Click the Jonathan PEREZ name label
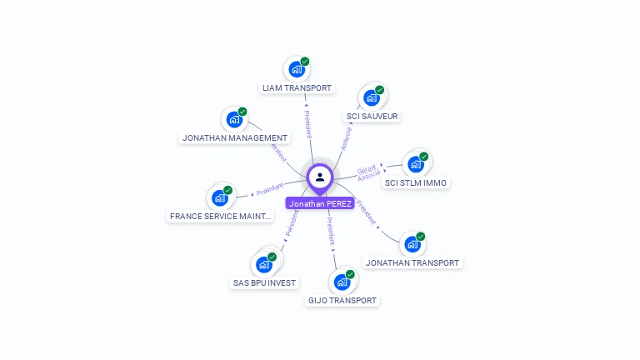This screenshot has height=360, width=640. click(320, 203)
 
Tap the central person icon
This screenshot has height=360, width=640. click(320, 177)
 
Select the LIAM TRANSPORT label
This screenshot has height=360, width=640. click(297, 87)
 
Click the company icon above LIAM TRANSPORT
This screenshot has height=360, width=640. click(296, 70)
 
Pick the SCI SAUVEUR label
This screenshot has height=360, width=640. click(372, 116)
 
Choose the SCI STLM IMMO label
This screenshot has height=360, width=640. click(416, 182)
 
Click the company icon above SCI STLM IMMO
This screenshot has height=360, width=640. click(415, 164)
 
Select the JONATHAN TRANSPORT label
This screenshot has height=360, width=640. click(412, 262)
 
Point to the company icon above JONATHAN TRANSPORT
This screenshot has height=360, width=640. click(412, 244)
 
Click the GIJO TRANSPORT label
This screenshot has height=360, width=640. click(342, 300)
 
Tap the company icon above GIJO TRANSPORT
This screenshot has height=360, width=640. click(342, 282)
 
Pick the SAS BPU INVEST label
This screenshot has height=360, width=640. click(264, 282)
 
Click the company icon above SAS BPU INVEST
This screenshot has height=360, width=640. click(264, 265)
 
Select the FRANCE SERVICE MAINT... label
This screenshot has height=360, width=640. click(220, 216)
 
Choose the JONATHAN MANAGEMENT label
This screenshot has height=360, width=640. click(235, 137)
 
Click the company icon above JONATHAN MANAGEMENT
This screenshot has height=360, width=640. click(234, 120)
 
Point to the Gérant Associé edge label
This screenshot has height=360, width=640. click(368, 172)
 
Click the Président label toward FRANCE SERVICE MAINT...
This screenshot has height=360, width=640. click(270, 191)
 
